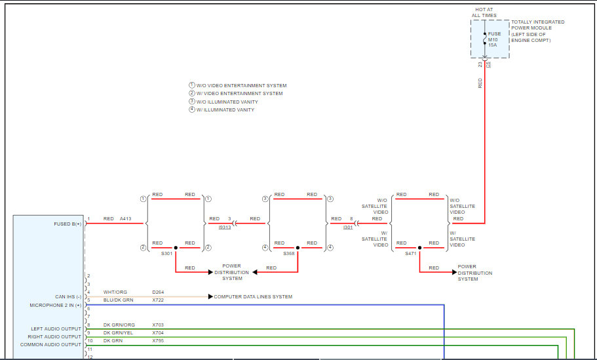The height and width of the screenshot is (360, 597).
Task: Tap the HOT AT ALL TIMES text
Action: coord(484,12)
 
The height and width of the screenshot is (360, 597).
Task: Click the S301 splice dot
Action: coord(176,248)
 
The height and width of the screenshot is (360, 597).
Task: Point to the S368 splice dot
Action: coord(298,248)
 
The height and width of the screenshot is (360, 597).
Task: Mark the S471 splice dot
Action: coord(419,248)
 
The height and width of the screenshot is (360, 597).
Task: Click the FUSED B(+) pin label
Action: coord(67,224)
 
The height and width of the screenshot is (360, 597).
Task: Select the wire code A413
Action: coord(126,219)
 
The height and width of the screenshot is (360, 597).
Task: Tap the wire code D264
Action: coord(159,292)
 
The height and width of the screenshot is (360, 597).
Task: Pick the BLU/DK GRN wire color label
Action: coord(118,300)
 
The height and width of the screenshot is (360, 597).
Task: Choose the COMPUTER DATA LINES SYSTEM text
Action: coord(253,297)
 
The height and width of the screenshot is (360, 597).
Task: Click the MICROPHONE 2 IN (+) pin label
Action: coord(56,305)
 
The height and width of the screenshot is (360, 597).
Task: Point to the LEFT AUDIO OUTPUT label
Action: coord(56,329)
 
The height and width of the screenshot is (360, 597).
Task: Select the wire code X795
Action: coord(159,341)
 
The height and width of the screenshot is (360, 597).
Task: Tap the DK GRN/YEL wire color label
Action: coord(118,333)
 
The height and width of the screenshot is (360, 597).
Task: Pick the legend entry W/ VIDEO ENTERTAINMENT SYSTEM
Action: coord(239,94)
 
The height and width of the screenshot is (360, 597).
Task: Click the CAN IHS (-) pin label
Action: coord(68,297)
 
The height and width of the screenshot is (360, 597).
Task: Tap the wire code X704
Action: coord(159,333)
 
